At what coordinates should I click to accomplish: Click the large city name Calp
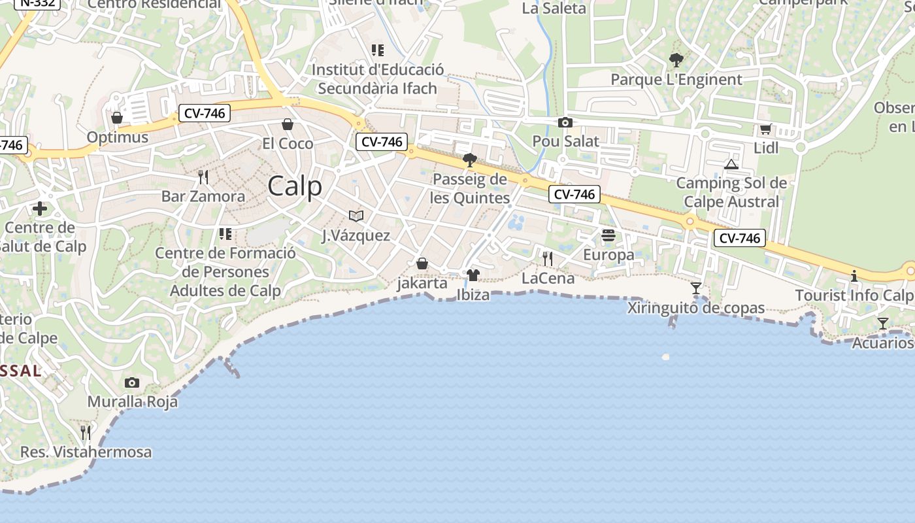(x=295, y=186)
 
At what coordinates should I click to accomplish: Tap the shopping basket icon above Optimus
(x=117, y=118)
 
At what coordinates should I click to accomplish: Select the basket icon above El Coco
(x=288, y=124)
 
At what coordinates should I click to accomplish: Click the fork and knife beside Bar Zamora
(x=203, y=177)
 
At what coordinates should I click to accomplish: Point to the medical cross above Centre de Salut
(x=40, y=209)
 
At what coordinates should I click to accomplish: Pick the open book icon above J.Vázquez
(x=356, y=216)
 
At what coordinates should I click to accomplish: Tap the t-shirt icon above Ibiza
(x=473, y=275)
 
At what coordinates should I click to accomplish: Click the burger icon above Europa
(x=608, y=235)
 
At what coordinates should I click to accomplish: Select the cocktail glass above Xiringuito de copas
(x=696, y=288)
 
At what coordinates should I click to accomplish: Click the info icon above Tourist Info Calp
(x=854, y=276)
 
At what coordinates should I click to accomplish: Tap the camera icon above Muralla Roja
(x=132, y=382)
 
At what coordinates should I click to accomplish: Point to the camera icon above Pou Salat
(x=565, y=122)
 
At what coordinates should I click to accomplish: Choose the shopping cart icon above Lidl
(x=766, y=129)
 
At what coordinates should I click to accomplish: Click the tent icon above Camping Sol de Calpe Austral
(x=731, y=163)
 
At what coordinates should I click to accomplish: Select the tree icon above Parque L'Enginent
(x=676, y=60)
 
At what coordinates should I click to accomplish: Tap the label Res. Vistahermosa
(x=86, y=452)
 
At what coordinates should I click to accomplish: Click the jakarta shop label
(x=422, y=283)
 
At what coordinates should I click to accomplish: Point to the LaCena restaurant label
(x=548, y=278)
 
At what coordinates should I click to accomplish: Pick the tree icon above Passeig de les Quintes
(x=469, y=160)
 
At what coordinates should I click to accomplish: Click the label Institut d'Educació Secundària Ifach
(x=378, y=78)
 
